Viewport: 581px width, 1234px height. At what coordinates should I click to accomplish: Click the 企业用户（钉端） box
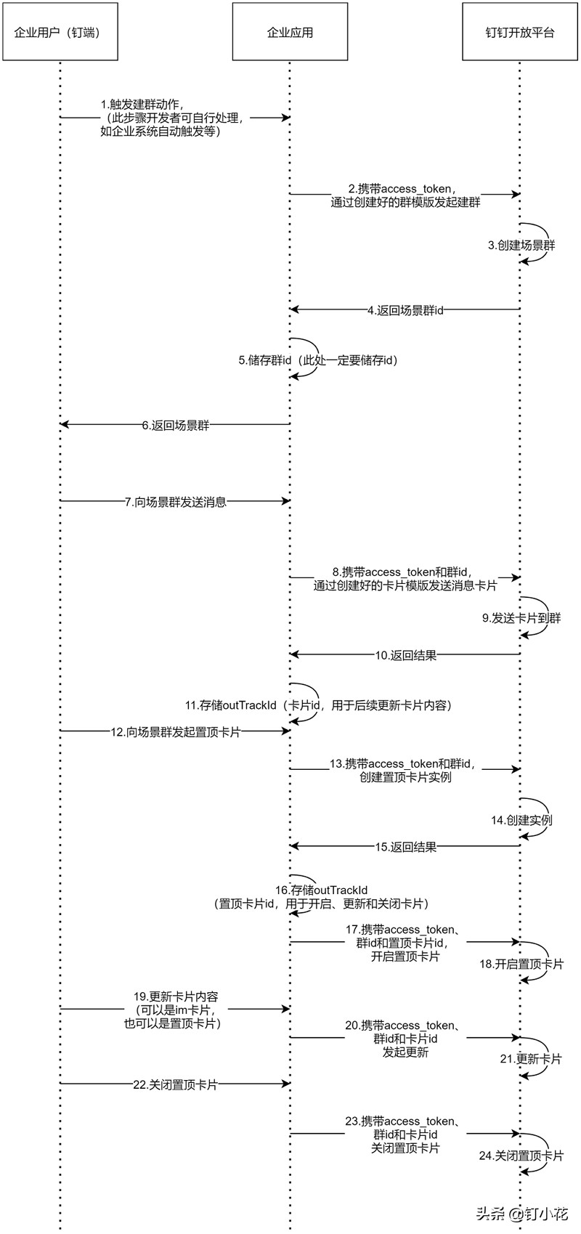point(60,32)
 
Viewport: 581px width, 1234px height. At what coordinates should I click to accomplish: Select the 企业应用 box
point(290,32)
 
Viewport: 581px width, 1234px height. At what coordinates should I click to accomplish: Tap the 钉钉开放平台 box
point(520,32)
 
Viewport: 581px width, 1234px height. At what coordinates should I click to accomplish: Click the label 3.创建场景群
point(521,245)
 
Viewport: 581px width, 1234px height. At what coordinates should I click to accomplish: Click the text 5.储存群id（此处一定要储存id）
point(318,360)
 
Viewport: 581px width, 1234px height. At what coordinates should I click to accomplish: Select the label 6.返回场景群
point(175,426)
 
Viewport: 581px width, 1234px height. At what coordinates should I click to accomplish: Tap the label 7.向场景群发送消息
point(175,502)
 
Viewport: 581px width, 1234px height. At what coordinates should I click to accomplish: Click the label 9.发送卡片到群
point(521,619)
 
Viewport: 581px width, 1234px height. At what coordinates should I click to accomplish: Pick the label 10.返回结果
point(405,655)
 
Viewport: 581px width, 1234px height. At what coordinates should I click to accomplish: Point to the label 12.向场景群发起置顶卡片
point(175,732)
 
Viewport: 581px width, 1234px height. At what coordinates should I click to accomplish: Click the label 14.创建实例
point(521,820)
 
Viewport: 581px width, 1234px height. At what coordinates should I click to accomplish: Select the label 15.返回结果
point(405,847)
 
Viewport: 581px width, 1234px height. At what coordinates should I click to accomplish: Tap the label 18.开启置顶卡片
point(521,965)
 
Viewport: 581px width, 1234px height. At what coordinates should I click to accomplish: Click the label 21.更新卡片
point(530,1059)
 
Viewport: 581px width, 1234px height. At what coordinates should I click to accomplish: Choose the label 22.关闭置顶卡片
point(175,1084)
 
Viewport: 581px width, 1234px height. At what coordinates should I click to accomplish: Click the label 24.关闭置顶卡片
point(521,1156)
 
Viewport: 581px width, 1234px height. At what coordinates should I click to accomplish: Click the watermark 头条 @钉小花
point(521,1214)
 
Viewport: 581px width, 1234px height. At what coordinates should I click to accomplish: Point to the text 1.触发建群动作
point(142,105)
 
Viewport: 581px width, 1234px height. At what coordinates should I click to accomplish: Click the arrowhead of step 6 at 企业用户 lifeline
point(64,424)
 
